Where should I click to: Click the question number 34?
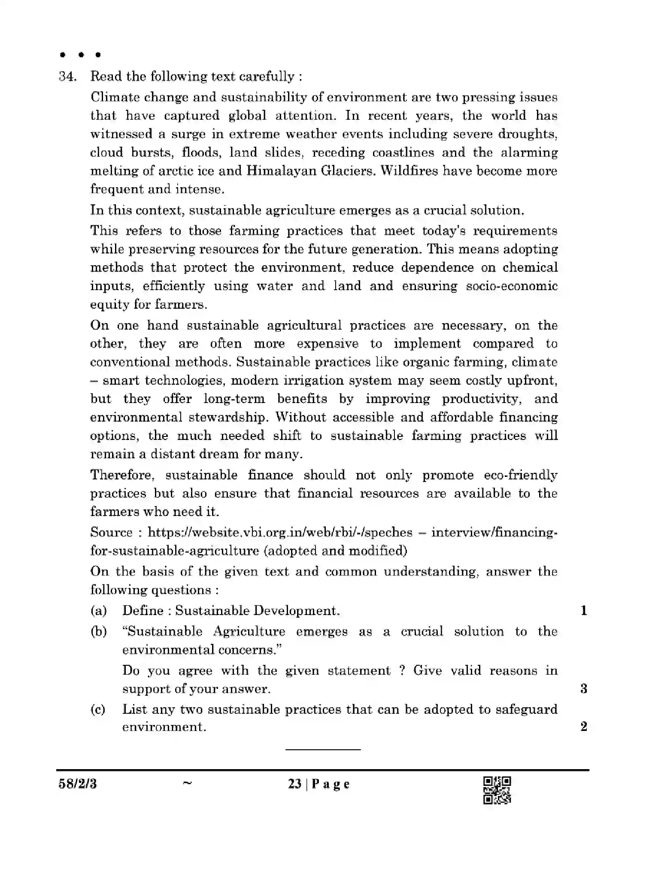click(x=67, y=77)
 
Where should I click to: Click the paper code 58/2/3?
click(x=78, y=784)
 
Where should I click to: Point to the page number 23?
click(x=294, y=784)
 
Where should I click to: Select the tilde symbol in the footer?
click(x=187, y=783)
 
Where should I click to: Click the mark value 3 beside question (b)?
click(x=584, y=689)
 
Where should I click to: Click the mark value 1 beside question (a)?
click(x=584, y=611)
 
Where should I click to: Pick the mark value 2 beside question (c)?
click(x=584, y=727)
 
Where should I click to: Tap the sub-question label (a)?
click(x=98, y=611)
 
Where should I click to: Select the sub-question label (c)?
click(x=98, y=709)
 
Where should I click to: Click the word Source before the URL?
click(x=112, y=533)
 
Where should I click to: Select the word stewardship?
click(x=230, y=418)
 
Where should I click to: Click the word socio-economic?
click(x=512, y=286)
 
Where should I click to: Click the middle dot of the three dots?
click(x=81, y=55)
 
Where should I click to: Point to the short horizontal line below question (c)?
click(x=323, y=750)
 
